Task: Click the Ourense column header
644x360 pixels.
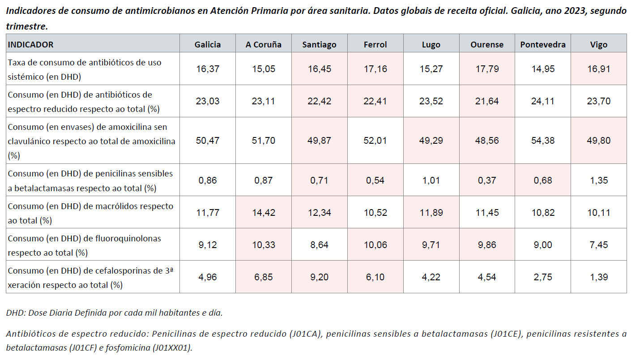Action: pyautogui.click(x=487, y=44)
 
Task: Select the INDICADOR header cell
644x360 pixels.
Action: pyautogui.click(x=31, y=44)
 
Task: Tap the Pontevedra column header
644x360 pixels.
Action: pyautogui.click(x=543, y=44)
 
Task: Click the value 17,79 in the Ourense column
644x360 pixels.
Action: pyautogui.click(x=487, y=69)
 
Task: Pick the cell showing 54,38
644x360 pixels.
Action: pyautogui.click(x=543, y=141)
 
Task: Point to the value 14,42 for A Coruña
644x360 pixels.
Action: pyautogui.click(x=263, y=213)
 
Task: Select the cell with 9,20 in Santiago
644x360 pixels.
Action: pyautogui.click(x=319, y=277)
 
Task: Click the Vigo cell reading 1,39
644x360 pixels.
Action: pyautogui.click(x=599, y=277)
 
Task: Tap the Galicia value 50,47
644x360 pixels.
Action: pyautogui.click(x=208, y=141)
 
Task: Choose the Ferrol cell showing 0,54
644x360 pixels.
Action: pyautogui.click(x=375, y=180)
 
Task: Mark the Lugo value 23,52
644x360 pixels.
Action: pyautogui.click(x=431, y=101)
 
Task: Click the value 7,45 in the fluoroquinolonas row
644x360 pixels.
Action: pyautogui.click(x=599, y=245)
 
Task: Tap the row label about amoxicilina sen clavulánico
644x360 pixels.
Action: pyautogui.click(x=91, y=141)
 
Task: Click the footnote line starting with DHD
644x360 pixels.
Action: pyautogui.click(x=114, y=313)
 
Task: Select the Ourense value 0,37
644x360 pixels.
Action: pyautogui.click(x=487, y=180)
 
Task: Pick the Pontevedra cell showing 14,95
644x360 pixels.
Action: pyautogui.click(x=543, y=69)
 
